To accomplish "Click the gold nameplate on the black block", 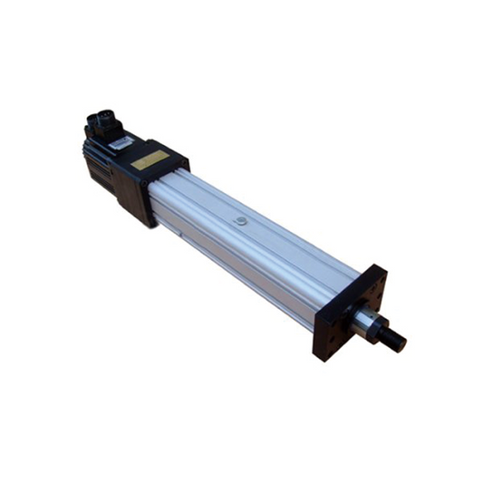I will click(150, 160).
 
